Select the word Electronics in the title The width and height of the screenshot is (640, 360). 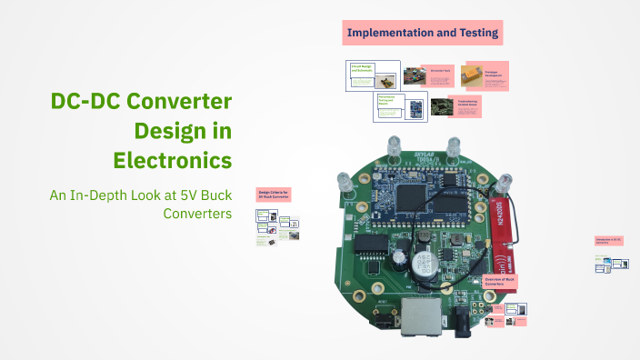pos(172,161)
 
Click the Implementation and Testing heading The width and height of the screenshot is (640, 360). pos(422,34)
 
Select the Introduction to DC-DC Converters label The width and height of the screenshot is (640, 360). pos(608,241)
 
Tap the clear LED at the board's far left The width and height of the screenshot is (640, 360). pos(345,181)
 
